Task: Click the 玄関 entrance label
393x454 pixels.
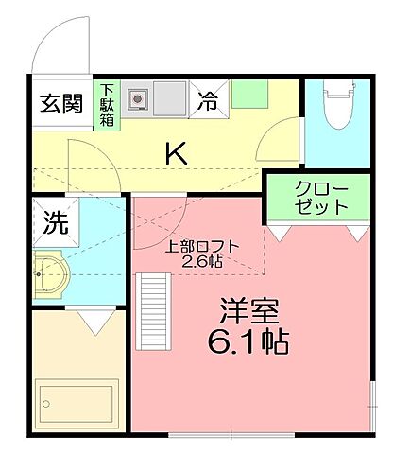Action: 61,104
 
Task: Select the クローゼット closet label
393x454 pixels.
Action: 322,197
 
